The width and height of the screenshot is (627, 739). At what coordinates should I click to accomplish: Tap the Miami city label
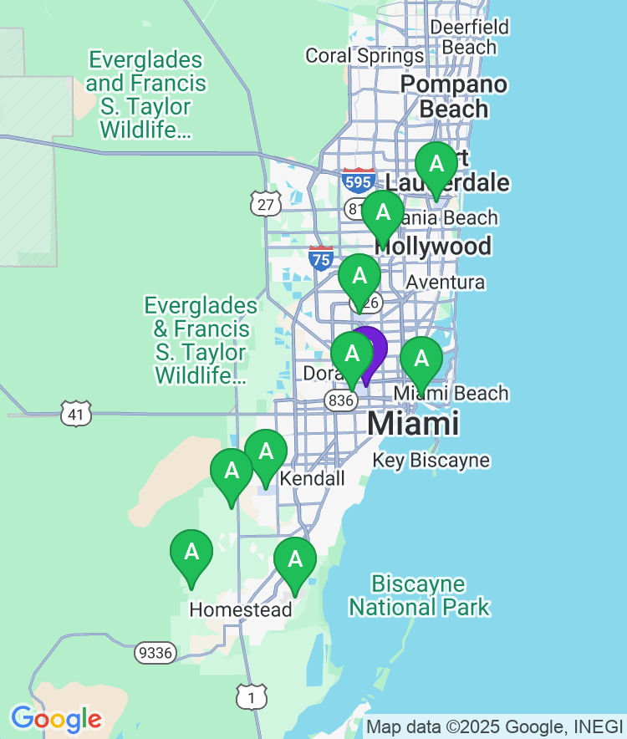tap(413, 423)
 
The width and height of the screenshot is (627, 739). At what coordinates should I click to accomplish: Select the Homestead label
tap(241, 610)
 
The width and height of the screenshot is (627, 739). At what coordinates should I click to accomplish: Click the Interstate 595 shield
tap(358, 180)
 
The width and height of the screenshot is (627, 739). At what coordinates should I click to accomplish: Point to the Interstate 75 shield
tap(321, 257)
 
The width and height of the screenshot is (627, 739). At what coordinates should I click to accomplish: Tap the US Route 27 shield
tap(265, 203)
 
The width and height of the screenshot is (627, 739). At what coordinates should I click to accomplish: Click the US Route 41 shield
tap(75, 413)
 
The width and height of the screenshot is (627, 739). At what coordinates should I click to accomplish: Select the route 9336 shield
tap(155, 652)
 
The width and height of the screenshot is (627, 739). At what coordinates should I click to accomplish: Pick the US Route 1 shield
tap(251, 697)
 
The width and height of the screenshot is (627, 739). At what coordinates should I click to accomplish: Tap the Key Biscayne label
tap(431, 461)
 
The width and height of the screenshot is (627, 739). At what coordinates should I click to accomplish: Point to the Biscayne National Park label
tap(419, 595)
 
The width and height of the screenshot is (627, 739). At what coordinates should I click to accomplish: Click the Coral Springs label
tap(364, 56)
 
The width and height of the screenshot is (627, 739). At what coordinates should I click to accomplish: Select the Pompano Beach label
tap(454, 97)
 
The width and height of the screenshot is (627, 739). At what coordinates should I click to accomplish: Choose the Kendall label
tap(312, 479)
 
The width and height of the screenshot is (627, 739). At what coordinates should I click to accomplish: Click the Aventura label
tap(445, 283)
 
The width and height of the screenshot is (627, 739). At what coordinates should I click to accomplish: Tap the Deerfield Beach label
tap(469, 37)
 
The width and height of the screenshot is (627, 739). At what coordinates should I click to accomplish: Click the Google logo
tap(56, 719)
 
